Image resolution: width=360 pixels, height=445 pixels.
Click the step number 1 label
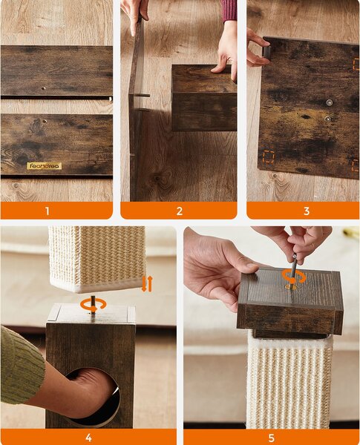pyautogui.click(x=48, y=211)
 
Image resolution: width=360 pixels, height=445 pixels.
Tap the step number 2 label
pyautogui.click(x=180, y=211)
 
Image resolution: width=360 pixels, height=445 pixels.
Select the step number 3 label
pyautogui.click(x=307, y=211)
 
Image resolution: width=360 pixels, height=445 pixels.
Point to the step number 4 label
pyautogui.click(x=88, y=438)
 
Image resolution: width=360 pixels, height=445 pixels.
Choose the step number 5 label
pyautogui.click(x=272, y=438)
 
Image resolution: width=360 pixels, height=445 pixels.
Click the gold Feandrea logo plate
pyautogui.click(x=45, y=165)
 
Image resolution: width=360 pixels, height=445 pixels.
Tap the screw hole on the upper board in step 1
pyautogui.click(x=44, y=88)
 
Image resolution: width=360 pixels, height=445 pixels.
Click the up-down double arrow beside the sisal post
pyautogui.click(x=147, y=284)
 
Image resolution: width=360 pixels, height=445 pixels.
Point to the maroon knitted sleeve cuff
pyautogui.click(x=229, y=10)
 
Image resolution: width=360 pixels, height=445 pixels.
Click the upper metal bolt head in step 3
pyautogui.click(x=330, y=102)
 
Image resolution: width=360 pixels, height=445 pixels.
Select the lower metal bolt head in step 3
pyautogui.click(x=327, y=119)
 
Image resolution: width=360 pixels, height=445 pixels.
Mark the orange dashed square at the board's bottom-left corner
pyautogui.click(x=268, y=157)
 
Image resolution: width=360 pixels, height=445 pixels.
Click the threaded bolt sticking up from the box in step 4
pyautogui.click(x=93, y=305)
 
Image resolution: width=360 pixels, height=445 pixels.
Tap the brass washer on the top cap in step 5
pyautogui.click(x=290, y=287)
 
